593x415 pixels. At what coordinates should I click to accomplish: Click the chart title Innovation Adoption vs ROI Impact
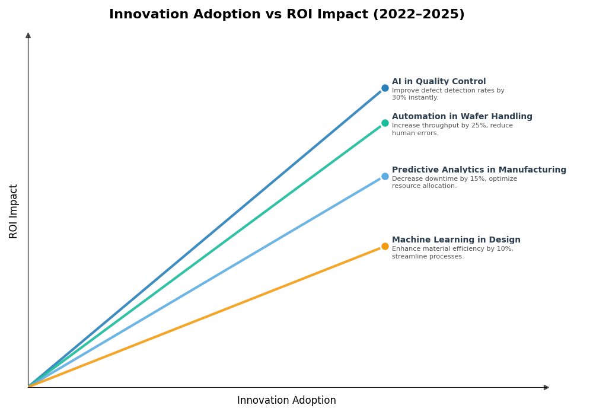[x=286, y=15]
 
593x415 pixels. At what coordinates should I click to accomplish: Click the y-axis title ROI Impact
[x=14, y=211]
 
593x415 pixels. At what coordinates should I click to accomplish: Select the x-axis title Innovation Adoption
[x=286, y=401]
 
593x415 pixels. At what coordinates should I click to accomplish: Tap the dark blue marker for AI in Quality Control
[x=385, y=88]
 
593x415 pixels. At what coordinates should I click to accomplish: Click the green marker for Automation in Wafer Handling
[x=385, y=123]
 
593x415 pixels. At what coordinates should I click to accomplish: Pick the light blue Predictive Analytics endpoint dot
[x=385, y=176]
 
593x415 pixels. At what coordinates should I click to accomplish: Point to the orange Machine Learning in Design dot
[x=385, y=247]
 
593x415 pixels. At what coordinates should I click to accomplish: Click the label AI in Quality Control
[x=438, y=82]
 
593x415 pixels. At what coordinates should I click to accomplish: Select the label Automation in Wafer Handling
[x=462, y=117]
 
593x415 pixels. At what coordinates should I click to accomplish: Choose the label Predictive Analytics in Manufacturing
[x=479, y=170]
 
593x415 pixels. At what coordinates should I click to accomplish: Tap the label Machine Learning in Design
[x=456, y=240]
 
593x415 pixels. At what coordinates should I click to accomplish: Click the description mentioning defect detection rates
[x=448, y=94]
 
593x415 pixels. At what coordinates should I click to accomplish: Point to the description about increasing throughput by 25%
[x=452, y=129]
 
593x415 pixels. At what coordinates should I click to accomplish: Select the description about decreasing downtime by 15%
[x=454, y=183]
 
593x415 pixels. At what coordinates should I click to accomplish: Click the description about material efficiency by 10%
[x=452, y=253]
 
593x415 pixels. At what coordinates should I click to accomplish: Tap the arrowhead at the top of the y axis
[x=28, y=36]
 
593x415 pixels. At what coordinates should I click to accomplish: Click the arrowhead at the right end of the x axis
[x=546, y=387]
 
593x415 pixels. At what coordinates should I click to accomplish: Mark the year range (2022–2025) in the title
[x=419, y=15]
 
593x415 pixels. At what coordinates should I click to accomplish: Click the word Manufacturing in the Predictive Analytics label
[x=531, y=170]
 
